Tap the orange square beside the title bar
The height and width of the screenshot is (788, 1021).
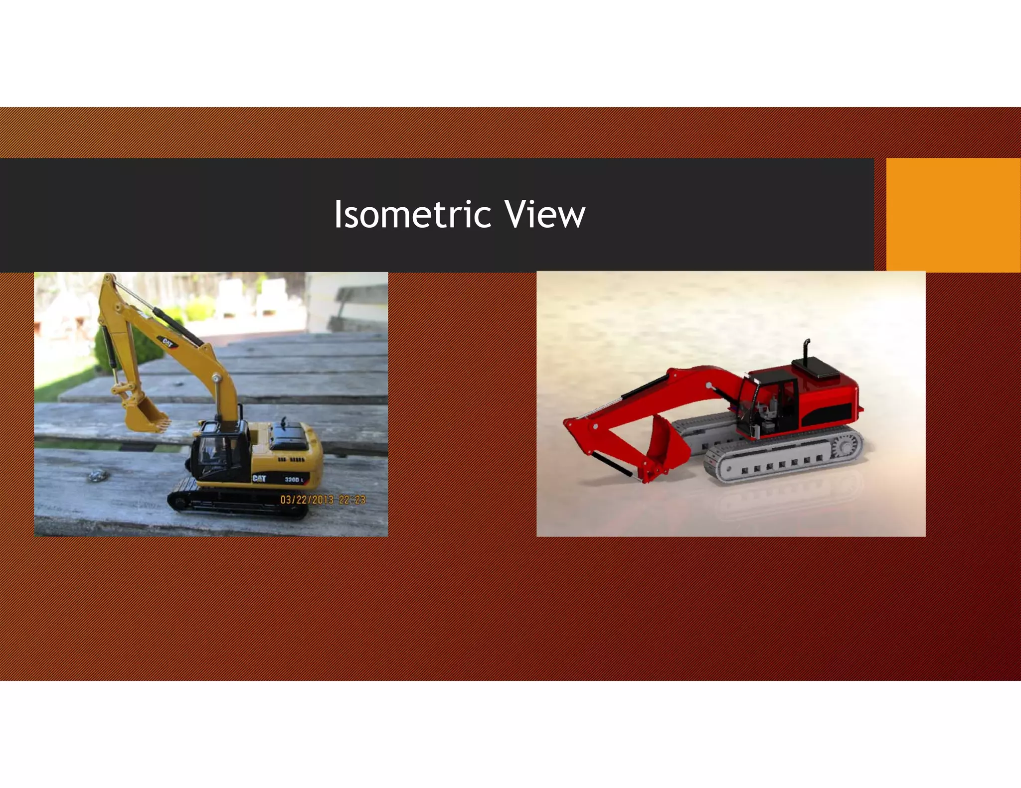click(953, 215)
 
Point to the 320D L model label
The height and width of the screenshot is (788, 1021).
click(294, 479)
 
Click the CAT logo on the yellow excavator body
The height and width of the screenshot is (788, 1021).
click(259, 478)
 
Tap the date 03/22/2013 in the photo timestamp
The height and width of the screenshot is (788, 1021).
click(307, 500)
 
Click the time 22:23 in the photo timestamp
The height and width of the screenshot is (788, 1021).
click(352, 500)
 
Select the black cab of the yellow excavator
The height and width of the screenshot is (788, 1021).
click(219, 451)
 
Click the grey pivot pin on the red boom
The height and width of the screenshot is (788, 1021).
click(709, 385)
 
